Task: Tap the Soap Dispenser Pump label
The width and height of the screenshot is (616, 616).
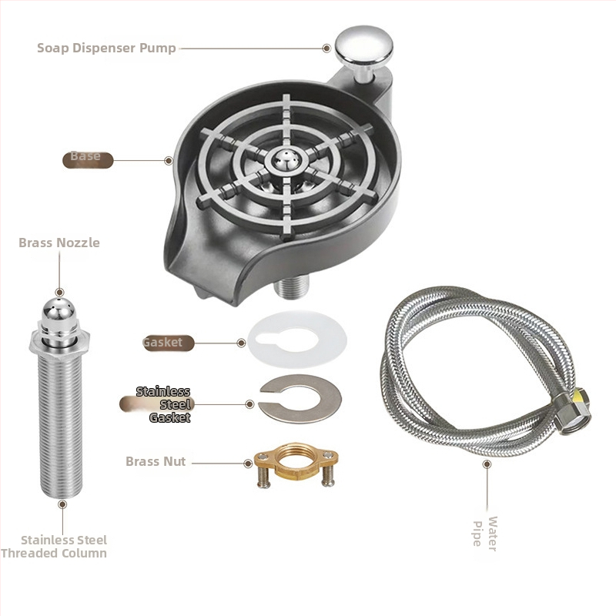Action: [x=106, y=48]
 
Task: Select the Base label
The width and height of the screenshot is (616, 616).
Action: [x=85, y=156]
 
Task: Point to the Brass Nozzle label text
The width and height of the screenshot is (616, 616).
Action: [x=59, y=243]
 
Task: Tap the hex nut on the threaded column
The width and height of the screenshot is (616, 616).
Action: [x=59, y=341]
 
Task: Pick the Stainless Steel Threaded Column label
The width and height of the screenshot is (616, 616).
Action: [x=54, y=547]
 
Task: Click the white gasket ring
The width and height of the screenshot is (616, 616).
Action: [x=297, y=340]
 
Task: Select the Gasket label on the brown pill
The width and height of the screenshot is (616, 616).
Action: [x=162, y=342]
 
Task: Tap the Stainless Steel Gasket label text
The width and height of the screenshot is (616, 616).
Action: [x=163, y=404]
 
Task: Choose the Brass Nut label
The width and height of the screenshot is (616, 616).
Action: [x=156, y=461]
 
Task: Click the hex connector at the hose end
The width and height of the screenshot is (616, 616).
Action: [x=573, y=412]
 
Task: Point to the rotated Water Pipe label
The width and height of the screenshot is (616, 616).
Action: [x=485, y=534]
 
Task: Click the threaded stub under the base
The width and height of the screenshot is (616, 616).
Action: [x=292, y=287]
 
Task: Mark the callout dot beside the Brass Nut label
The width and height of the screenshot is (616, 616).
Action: [x=248, y=464]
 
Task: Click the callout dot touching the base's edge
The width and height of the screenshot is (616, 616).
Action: [x=169, y=160]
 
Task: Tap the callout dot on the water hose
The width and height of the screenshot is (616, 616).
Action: [x=487, y=464]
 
